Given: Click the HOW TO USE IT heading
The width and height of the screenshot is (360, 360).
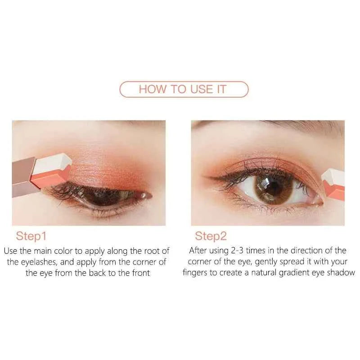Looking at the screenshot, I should click(x=182, y=89).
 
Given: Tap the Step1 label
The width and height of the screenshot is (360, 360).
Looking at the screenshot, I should click(x=31, y=236).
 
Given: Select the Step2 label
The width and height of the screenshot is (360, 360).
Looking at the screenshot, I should click(x=211, y=236).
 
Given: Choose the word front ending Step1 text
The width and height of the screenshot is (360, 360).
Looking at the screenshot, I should click(x=140, y=273).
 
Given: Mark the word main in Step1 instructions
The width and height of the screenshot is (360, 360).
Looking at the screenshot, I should click(x=48, y=251).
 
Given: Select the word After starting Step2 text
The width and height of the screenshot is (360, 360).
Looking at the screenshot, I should click(x=199, y=251).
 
